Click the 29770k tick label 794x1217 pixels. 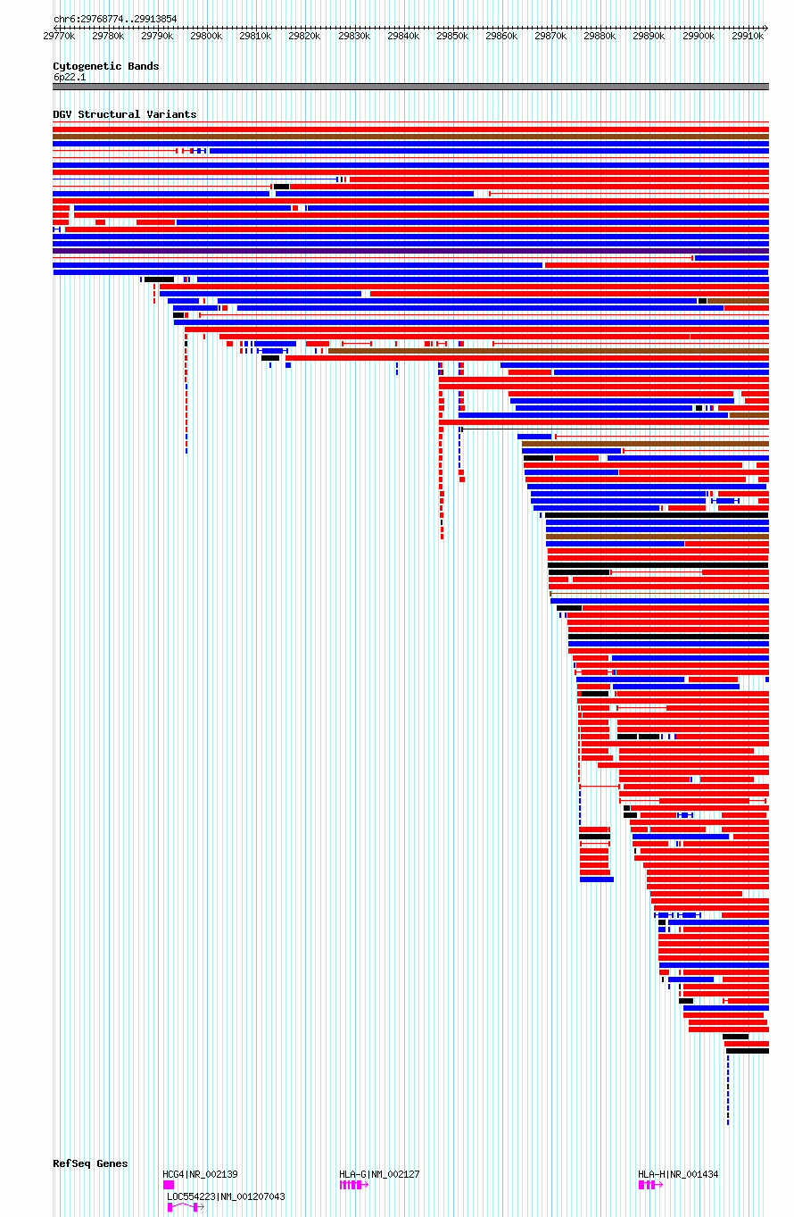click(59, 36)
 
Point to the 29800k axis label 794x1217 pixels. click(206, 36)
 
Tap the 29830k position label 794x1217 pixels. click(354, 36)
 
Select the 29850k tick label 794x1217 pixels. click(452, 36)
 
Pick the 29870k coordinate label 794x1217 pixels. click(550, 36)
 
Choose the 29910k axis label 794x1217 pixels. click(748, 36)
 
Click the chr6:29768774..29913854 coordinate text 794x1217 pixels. click(115, 19)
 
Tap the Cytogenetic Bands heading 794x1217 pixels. click(106, 66)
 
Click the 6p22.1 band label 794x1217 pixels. click(70, 77)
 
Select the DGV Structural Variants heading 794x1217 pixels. click(125, 114)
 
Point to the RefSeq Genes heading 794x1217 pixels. click(90, 1163)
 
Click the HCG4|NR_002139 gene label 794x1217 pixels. click(200, 1174)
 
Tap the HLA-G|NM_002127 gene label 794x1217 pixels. click(379, 1174)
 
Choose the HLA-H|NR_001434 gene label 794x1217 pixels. click(678, 1174)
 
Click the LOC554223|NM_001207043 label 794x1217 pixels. click(226, 1196)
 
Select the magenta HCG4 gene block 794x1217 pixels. click(169, 1185)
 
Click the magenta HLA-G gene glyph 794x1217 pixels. click(354, 1185)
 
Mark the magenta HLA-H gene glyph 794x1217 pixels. click(650, 1185)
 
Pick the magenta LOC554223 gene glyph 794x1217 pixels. click(186, 1207)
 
